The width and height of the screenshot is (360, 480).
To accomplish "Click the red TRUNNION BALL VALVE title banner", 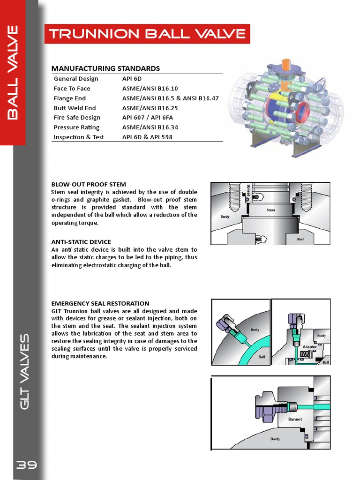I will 147,34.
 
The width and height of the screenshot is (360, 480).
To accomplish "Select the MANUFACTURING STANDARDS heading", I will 105,68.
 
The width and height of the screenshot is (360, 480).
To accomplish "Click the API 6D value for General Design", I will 131,79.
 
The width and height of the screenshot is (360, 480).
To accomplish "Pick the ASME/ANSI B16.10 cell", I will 150,89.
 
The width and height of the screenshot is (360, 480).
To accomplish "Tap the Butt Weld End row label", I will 75,108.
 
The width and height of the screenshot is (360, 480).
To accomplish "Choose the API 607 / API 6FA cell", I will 148,118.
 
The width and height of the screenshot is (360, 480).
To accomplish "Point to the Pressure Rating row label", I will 76,127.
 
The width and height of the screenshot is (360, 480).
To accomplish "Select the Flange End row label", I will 70,98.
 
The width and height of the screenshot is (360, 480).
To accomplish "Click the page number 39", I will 27,465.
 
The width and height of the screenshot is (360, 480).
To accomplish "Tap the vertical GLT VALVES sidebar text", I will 26,370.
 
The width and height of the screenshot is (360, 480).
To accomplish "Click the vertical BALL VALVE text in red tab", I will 13,73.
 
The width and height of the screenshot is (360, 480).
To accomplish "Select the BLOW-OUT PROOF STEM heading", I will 89,184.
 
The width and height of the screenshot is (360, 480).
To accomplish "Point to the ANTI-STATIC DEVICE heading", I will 81,242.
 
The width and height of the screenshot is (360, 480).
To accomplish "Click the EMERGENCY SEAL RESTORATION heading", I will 100,303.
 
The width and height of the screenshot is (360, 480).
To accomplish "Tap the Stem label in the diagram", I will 270,210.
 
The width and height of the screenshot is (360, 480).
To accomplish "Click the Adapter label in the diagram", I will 309,347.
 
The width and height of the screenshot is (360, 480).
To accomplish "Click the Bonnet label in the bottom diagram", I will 295,419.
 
